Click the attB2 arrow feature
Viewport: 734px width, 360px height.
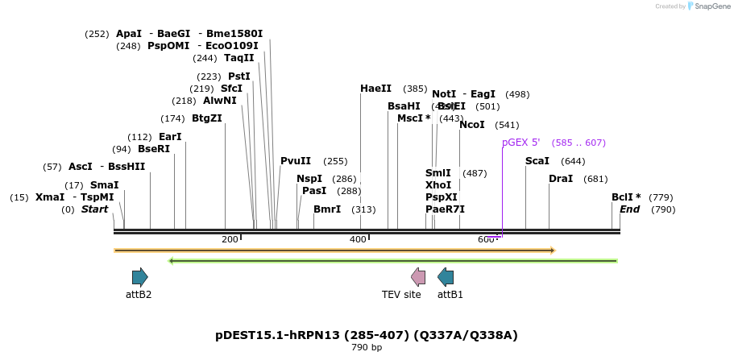[x=140, y=277]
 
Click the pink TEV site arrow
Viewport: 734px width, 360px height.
[x=418, y=277]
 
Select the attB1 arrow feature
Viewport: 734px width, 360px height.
[x=446, y=277]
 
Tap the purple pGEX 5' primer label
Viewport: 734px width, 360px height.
[x=520, y=143]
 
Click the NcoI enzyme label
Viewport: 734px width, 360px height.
[x=472, y=125]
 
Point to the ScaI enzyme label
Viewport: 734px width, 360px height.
[x=537, y=161]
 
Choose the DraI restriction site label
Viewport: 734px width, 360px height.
[x=561, y=179]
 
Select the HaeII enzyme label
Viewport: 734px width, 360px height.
[x=375, y=89]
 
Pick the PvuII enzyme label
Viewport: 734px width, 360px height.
[x=296, y=161]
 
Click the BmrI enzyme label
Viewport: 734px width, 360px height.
[x=327, y=209]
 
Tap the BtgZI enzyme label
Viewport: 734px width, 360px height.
[x=207, y=118]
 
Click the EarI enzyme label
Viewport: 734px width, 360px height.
[x=170, y=137]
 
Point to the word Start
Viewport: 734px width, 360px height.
[x=94, y=209]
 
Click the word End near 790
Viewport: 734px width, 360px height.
[x=630, y=209]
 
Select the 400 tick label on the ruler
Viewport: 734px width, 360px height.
[x=358, y=239]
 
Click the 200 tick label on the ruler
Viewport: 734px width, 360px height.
[x=230, y=239]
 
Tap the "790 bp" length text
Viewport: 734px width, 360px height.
[x=367, y=348]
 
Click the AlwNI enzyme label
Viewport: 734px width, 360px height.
[x=220, y=101]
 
